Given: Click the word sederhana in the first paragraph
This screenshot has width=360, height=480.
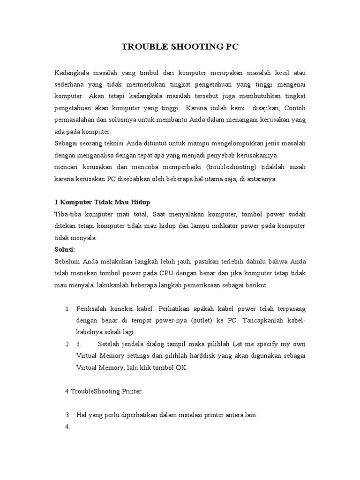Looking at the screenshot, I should coord(72,85).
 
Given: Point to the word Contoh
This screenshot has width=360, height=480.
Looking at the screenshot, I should coord(294,108).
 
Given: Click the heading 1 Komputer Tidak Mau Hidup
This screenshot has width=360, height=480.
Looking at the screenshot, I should coord(102,202).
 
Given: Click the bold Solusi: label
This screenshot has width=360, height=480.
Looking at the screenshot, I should coord(65,249).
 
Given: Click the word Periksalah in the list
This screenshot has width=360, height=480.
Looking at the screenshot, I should coord(92,309).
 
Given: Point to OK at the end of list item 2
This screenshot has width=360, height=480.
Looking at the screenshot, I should coord(181,368).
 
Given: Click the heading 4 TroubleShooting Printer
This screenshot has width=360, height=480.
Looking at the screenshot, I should coord(103,391).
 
